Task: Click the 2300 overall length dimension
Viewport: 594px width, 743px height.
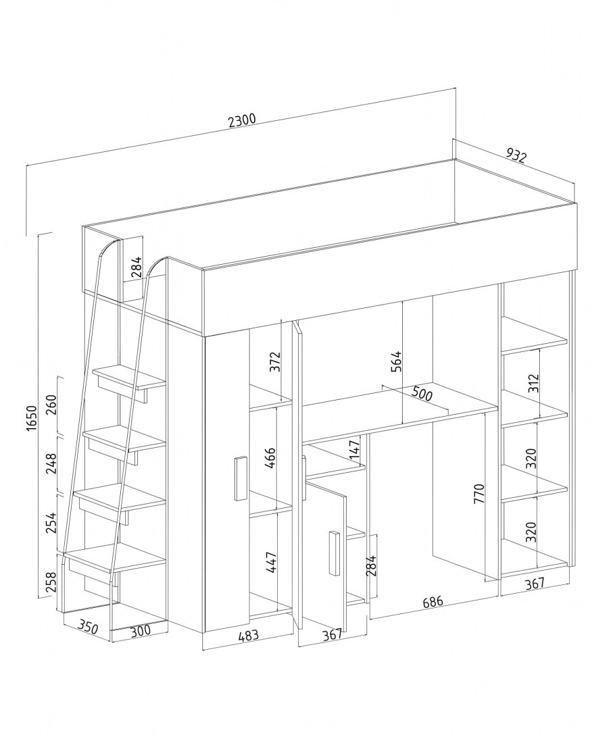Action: (242, 120)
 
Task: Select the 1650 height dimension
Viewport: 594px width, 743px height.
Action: (31, 417)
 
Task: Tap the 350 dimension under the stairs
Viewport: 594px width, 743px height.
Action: (88, 627)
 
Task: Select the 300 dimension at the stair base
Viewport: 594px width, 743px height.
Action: (141, 630)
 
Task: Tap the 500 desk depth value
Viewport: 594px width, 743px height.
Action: (422, 393)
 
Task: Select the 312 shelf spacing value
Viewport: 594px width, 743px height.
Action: (533, 384)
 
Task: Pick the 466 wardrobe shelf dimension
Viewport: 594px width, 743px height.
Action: (270, 458)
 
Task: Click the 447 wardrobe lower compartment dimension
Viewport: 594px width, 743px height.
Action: (270, 563)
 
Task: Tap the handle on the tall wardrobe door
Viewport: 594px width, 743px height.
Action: (241, 478)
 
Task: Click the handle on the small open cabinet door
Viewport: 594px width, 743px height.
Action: (334, 553)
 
